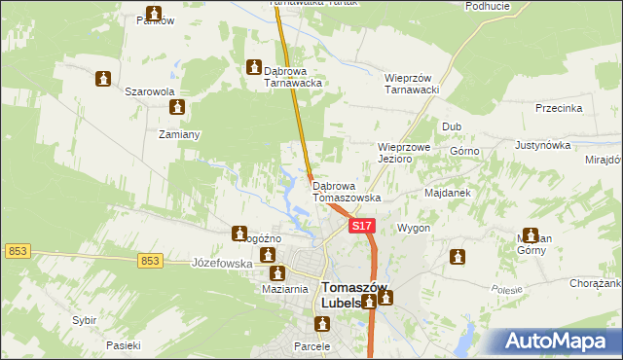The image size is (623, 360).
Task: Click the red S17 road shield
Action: (361, 226)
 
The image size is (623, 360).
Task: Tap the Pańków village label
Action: (152, 20)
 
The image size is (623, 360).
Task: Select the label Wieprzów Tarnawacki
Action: (414, 84)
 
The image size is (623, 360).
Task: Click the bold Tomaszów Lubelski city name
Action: (353, 295)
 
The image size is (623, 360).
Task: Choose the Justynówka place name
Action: (542, 145)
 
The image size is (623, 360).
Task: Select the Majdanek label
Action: (448, 193)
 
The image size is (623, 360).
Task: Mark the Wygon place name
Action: (413, 228)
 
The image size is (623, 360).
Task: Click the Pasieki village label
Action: (124, 345)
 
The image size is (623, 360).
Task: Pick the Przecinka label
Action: (559, 108)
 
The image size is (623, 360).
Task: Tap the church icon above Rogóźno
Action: (239, 234)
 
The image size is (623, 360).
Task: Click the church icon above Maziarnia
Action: (276, 274)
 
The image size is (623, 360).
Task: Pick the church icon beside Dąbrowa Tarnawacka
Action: (255, 69)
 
